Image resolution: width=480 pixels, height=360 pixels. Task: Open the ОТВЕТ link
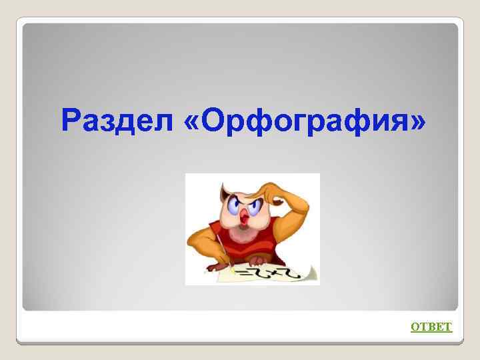tap(431, 326)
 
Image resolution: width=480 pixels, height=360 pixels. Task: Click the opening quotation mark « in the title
tap(191, 122)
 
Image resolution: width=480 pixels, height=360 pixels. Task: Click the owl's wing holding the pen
tap(203, 240)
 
